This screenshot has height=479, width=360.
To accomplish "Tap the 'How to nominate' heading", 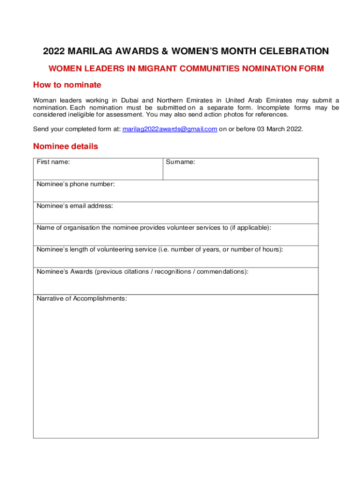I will pyautogui.click(x=67, y=85).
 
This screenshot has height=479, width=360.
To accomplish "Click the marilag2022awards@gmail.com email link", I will pyautogui.click(x=169, y=129).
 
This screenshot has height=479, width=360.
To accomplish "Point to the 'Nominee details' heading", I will pyautogui.click(x=65, y=146).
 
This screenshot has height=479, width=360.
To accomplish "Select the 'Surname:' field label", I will pyautogui.click(x=180, y=162).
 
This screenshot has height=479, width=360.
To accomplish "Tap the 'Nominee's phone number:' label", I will pyautogui.click(x=75, y=184).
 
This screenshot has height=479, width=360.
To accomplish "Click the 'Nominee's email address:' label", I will pyautogui.click(x=75, y=206).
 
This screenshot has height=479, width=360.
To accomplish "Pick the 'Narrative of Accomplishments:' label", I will pyautogui.click(x=81, y=298).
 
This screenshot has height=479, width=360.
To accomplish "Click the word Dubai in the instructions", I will pyautogui.click(x=130, y=101).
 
